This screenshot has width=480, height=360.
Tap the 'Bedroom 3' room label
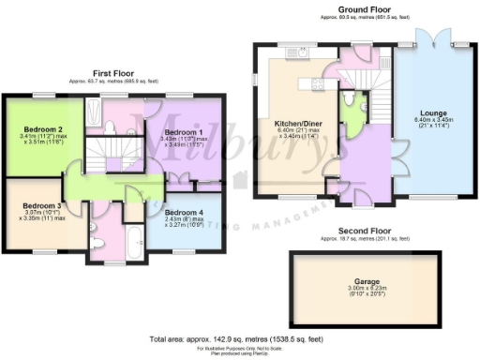41,205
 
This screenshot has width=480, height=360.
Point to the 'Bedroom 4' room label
185,213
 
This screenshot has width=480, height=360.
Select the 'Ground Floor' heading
364,8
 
